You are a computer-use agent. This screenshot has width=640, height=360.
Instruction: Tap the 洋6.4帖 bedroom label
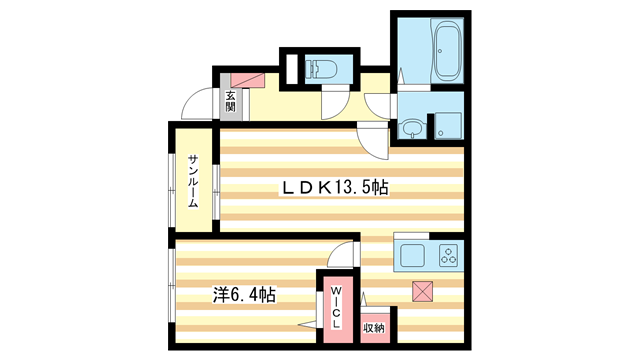click(x=244, y=296)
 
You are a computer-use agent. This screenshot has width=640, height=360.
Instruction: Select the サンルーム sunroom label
click(x=193, y=182)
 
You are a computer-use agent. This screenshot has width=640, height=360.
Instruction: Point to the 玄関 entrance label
click(x=230, y=102)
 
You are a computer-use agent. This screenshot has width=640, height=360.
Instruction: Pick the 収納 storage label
click(x=373, y=327)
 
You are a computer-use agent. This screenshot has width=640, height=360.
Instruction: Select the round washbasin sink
click(x=411, y=128)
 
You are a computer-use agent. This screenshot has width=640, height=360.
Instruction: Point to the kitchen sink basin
click(x=413, y=256)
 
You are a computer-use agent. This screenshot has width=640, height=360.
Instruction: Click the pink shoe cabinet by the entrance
click(x=245, y=82)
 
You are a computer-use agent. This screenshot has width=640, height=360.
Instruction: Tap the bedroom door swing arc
click(x=343, y=256)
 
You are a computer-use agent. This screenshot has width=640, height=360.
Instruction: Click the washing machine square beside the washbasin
click(x=447, y=125)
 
